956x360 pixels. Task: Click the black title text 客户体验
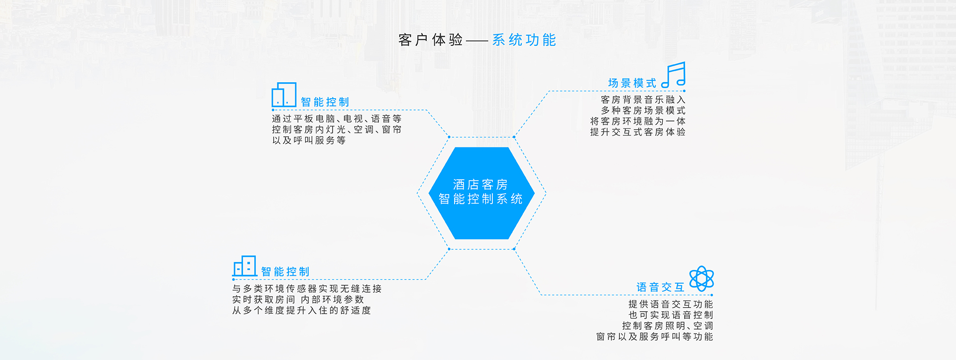click(431, 40)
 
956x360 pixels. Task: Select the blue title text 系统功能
click(524, 40)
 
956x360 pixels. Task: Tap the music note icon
click(673, 75)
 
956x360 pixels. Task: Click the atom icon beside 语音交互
click(702, 278)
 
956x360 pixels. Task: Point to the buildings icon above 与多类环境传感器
click(244, 266)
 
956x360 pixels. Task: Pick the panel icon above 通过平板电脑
click(284, 95)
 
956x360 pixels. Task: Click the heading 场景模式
click(632, 83)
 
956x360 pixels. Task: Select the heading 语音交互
click(660, 287)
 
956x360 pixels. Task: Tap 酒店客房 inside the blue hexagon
click(480, 185)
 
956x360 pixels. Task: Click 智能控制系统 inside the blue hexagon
click(480, 199)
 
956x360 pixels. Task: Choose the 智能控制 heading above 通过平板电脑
click(325, 102)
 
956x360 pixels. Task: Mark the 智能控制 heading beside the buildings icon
click(285, 272)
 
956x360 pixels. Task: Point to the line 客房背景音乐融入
click(643, 100)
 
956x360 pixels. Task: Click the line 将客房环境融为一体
click(638, 121)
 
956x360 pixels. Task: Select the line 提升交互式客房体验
click(638, 132)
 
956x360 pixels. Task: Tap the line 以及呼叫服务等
click(309, 140)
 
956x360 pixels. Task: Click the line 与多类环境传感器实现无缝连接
click(307, 289)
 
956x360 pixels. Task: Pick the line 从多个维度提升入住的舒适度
click(302, 310)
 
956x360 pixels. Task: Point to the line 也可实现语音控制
click(671, 315)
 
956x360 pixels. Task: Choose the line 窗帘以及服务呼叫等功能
click(655, 337)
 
